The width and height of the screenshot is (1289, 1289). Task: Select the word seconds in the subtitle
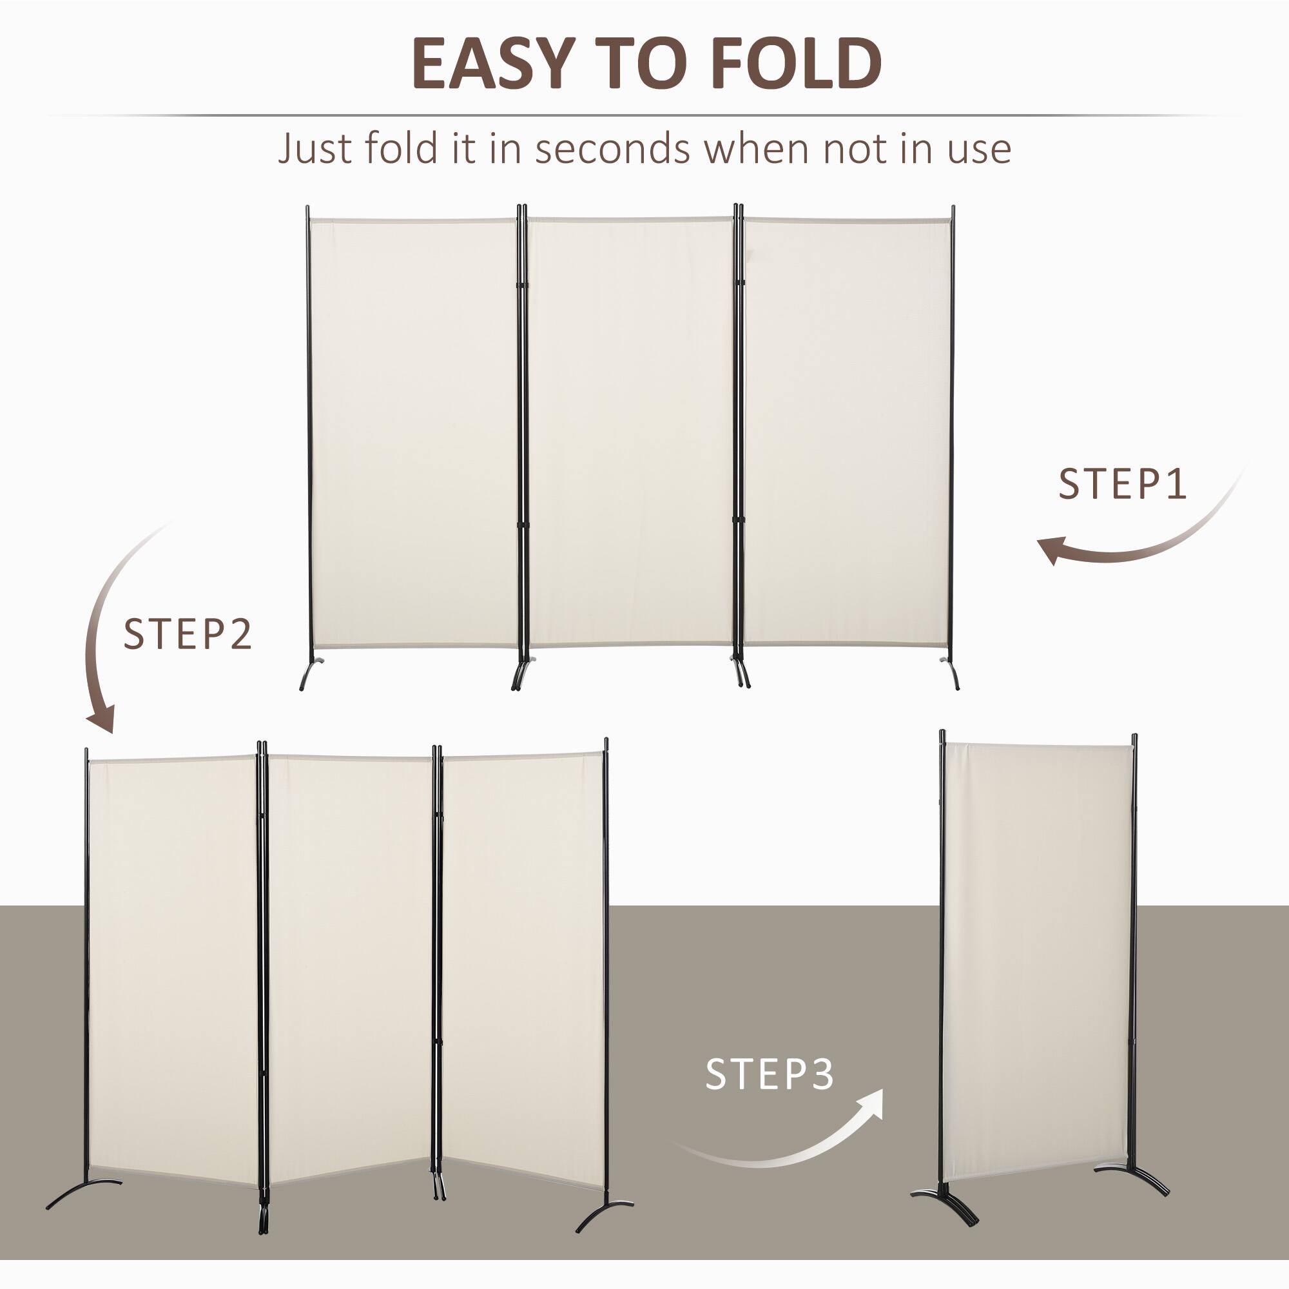(x=612, y=148)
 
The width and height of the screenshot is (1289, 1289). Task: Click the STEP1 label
(x=1123, y=485)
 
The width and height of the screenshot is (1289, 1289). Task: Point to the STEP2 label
(x=188, y=634)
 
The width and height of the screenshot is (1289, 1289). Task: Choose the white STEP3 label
(x=770, y=1074)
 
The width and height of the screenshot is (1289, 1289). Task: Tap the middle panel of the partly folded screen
(x=349, y=967)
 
